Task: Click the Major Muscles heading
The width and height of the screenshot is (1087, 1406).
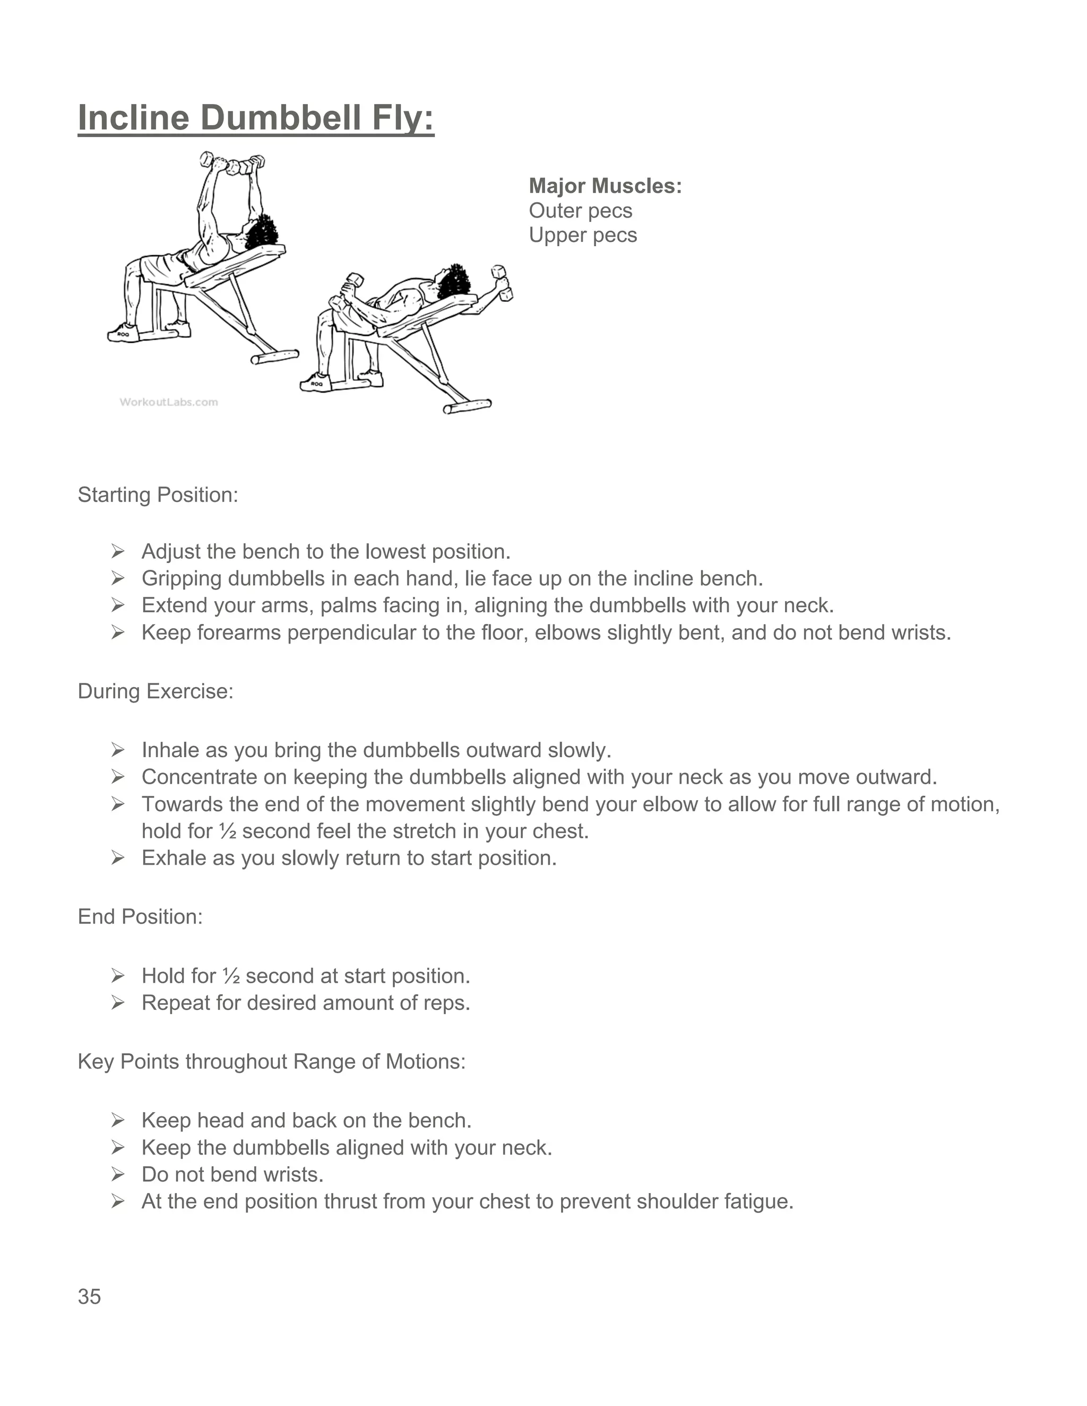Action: [x=605, y=186]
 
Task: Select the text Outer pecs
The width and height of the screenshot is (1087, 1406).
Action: [x=580, y=211]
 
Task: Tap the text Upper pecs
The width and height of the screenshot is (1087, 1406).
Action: [x=582, y=235]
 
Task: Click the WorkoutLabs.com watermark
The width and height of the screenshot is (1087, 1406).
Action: [x=169, y=402]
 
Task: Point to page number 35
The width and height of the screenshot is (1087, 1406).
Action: [x=90, y=1297]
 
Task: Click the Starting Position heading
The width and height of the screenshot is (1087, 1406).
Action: [x=158, y=494]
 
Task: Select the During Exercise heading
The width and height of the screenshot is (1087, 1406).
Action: [x=155, y=691]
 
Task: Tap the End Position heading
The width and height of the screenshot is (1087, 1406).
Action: [x=140, y=916]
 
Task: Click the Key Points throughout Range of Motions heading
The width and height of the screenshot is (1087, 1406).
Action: [x=271, y=1061]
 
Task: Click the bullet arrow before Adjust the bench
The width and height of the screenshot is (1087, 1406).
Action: [x=117, y=551]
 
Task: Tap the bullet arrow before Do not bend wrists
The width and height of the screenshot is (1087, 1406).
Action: [x=117, y=1174]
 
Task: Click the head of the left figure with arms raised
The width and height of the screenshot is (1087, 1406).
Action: [x=260, y=233]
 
